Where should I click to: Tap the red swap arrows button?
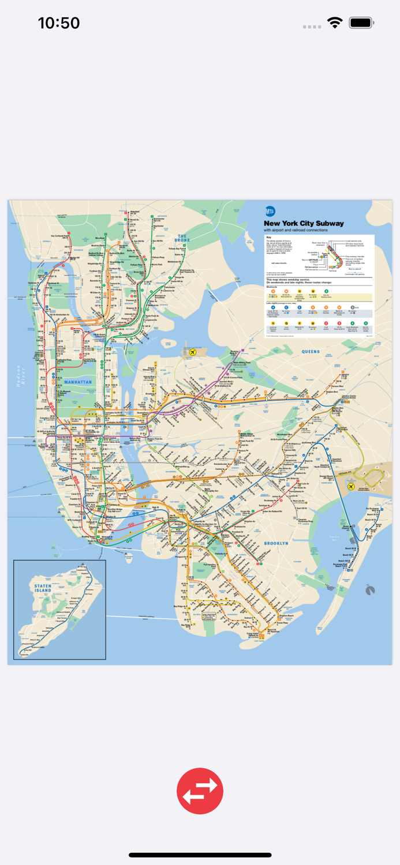(200, 791)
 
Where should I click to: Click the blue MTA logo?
(270, 212)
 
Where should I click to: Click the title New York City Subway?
(304, 223)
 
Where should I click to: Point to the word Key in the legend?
(268, 237)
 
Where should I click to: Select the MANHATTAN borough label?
(78, 382)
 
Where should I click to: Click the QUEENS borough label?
(310, 351)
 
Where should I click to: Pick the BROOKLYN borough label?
(276, 543)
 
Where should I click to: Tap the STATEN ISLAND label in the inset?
(43, 588)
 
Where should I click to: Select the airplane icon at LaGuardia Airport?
(193, 352)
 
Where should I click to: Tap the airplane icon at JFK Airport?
(350, 486)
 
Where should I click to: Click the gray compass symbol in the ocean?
(370, 590)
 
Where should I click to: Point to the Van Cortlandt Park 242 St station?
(60, 236)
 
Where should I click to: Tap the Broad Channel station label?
(347, 526)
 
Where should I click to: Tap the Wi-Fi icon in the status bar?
(335, 23)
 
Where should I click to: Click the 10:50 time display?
(59, 23)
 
